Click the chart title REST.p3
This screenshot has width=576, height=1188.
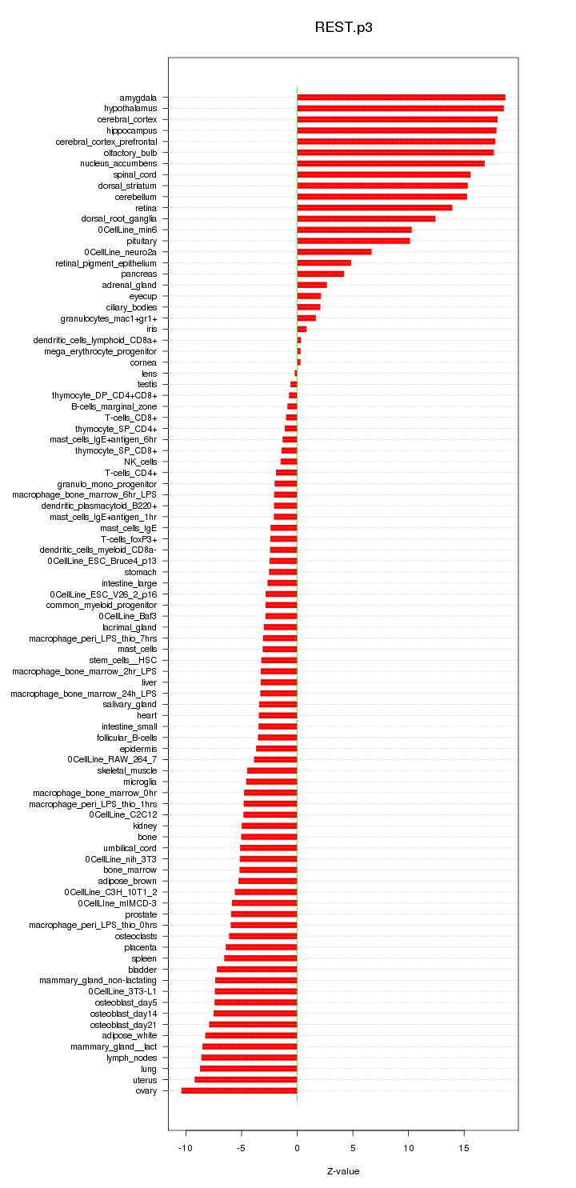343,27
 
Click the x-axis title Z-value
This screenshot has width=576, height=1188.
343,1171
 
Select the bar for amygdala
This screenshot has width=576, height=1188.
401,98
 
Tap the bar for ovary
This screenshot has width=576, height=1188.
239,1090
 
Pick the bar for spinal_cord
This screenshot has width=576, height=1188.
383,174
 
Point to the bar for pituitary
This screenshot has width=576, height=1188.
353,241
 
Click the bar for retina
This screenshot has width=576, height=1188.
374,208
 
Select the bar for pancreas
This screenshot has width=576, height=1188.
320,274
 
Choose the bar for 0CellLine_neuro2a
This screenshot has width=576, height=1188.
334,252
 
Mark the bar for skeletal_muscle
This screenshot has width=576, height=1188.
272,770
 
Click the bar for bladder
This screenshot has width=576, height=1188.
257,969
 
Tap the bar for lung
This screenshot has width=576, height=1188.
248,1069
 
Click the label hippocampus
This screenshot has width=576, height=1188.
132,130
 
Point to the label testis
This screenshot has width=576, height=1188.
147,384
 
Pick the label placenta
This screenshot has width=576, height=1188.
140,947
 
